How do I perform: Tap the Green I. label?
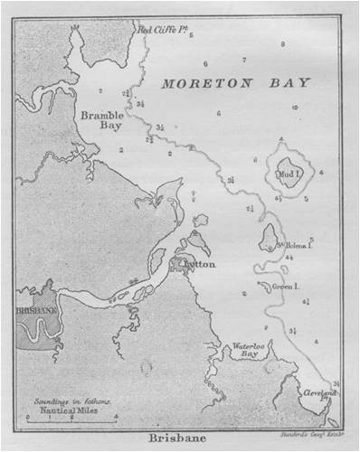point(289,286)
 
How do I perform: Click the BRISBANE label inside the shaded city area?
point(35,309)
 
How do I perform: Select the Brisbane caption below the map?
point(179,441)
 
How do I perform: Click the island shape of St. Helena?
point(269,239)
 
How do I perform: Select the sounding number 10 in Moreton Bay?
point(294,107)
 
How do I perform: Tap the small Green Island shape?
point(264,287)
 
